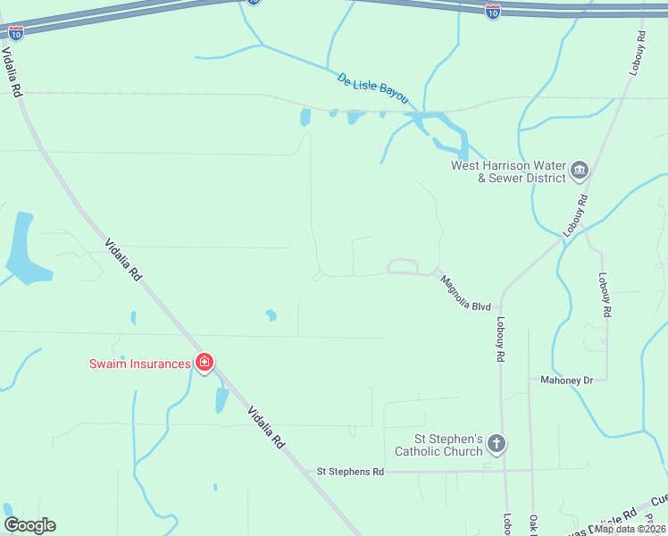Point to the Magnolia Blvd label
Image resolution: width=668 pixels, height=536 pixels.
[x=465, y=292]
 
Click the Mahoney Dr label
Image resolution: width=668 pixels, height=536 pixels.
[x=566, y=380]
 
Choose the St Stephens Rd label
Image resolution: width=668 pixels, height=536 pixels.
[x=350, y=471]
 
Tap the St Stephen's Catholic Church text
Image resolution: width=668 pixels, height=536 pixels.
[x=447, y=445]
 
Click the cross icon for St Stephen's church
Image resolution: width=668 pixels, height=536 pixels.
[x=497, y=443]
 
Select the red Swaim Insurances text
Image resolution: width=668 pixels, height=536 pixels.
[x=139, y=364]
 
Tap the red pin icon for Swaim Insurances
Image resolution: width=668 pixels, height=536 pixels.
[x=205, y=363]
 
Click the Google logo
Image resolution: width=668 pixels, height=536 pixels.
[x=29, y=525]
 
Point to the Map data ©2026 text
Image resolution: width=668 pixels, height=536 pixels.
[x=630, y=528]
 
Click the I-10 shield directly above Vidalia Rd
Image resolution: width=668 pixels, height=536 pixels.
[x=16, y=32]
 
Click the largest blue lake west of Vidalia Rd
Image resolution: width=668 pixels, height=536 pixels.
[x=21, y=250]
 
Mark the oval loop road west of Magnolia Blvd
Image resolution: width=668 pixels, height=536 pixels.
[x=403, y=265]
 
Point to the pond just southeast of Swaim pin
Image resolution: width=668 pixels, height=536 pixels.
[x=221, y=399]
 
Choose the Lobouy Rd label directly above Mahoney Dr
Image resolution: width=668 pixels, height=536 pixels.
[x=605, y=294]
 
